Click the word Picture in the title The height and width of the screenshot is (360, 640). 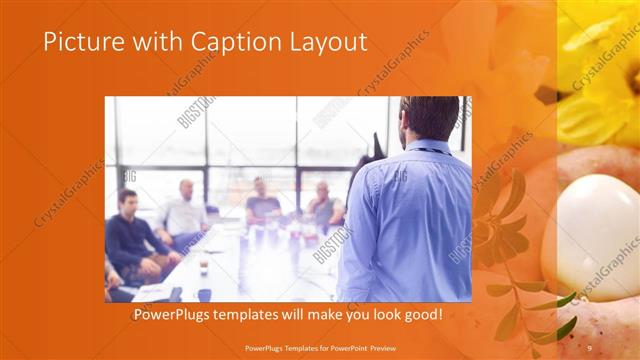coord(80,43)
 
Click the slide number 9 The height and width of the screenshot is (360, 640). coord(589,347)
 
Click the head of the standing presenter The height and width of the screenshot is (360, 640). coord(427,118)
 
